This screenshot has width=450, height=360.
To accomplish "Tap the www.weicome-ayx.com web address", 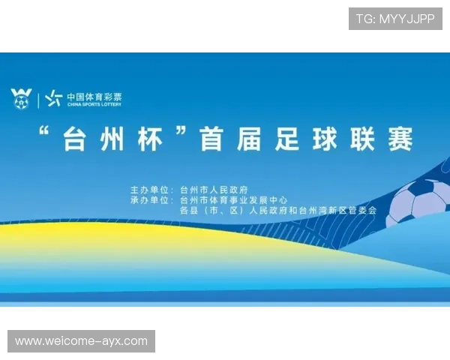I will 81,341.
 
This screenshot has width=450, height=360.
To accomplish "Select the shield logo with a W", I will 22,97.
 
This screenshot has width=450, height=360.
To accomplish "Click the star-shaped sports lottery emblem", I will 53,98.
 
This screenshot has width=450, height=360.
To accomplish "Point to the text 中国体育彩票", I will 94,96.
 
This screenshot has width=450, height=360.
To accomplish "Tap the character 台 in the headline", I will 75,139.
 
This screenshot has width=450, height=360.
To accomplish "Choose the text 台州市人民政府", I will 214,190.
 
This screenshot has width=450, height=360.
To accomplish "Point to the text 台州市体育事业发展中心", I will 234,200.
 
